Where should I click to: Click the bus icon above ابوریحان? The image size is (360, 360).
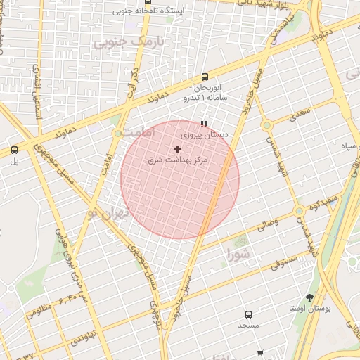205,77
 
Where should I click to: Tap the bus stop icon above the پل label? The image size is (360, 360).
14,150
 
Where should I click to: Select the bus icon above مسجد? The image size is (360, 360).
248,314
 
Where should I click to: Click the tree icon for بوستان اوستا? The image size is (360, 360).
309,297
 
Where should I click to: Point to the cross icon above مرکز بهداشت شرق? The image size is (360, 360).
177,149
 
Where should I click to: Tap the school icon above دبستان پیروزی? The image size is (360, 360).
205,124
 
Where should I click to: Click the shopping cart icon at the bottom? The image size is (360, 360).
260,353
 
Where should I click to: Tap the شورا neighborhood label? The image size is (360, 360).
238,252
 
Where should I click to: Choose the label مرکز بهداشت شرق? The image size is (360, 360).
178,161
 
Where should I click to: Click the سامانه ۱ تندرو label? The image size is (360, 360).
205,98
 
